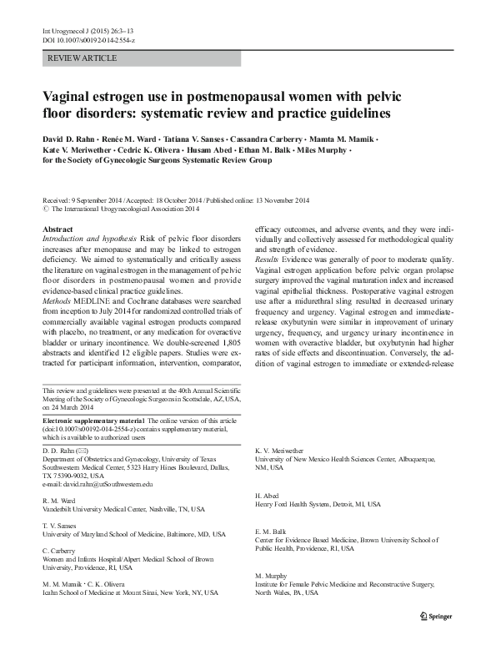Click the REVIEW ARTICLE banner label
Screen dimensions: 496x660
tap(83, 58)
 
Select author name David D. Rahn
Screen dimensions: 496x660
tap(71, 136)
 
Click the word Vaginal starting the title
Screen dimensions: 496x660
tap(69, 97)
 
